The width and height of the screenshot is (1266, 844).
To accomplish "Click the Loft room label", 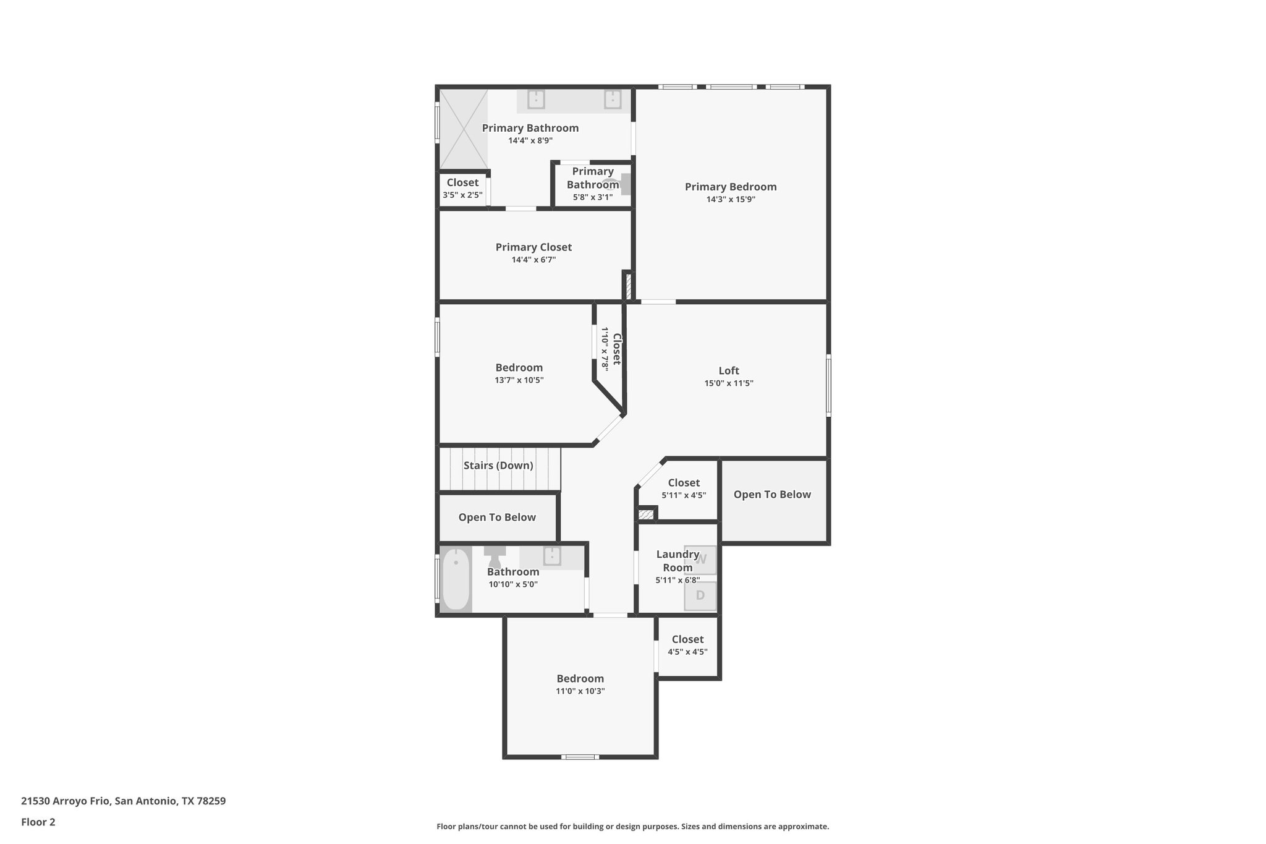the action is coord(729,371).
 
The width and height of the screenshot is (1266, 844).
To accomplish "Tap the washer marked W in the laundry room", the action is coord(700,560).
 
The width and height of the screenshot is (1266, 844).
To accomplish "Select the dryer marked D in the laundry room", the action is coord(700,595).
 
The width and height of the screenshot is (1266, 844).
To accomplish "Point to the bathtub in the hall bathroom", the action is coord(456,579).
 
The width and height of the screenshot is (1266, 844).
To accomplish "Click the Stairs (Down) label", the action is coord(498,466).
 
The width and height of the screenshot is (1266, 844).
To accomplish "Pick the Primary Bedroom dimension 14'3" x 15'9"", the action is coord(731,199).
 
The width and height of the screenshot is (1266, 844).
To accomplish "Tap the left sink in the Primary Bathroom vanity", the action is coord(536,100).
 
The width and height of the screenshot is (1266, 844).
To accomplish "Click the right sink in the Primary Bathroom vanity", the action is coord(613,100).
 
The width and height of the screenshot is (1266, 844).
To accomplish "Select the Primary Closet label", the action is coord(533,247).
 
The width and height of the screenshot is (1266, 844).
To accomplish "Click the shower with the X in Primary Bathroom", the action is coord(464,129).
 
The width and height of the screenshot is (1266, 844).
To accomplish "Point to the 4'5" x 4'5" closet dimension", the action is coord(687,652).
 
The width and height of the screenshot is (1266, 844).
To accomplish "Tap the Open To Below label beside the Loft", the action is coord(772,495).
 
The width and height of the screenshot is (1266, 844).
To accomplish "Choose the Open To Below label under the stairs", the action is coord(497,518).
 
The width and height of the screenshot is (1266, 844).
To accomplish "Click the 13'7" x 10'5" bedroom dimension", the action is coord(519,380).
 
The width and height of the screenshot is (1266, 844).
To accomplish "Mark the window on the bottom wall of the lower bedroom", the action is coord(580,756).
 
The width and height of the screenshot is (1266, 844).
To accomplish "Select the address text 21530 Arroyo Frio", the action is coord(66,801).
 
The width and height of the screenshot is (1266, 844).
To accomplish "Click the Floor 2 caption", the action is coord(38,822).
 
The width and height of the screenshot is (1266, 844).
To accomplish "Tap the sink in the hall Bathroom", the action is coord(551,556).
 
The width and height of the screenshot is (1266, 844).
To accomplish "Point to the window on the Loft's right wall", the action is coord(828,385).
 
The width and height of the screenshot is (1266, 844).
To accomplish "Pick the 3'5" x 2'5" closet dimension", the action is coord(462,195).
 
